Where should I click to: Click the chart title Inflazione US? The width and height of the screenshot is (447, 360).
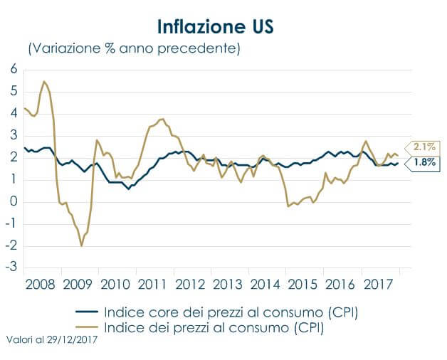(214, 26)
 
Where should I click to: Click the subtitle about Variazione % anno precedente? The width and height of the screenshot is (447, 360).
(134, 49)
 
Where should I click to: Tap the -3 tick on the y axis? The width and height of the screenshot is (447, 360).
(11, 268)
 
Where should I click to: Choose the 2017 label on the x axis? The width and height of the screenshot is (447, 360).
(379, 285)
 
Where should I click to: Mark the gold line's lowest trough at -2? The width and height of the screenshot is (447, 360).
(82, 246)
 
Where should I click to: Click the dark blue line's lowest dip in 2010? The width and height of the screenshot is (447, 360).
(129, 189)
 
